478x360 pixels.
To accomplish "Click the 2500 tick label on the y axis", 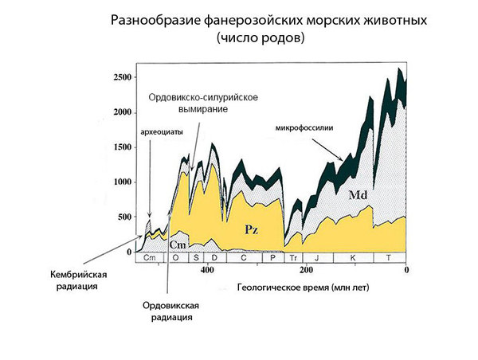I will click(120, 78).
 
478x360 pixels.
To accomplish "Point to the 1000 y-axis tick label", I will click(120, 182).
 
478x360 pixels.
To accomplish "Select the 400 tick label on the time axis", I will click(206, 270).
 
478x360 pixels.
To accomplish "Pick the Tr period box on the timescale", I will click(294, 258).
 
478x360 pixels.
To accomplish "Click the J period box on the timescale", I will click(317, 258).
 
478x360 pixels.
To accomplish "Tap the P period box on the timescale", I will click(272, 258).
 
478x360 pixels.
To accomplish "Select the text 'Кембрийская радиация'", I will click(77, 281).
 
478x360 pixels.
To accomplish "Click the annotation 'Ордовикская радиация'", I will click(169, 311).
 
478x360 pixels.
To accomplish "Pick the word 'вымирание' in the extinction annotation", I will click(203, 109).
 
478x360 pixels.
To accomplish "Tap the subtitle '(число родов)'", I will click(260, 37).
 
